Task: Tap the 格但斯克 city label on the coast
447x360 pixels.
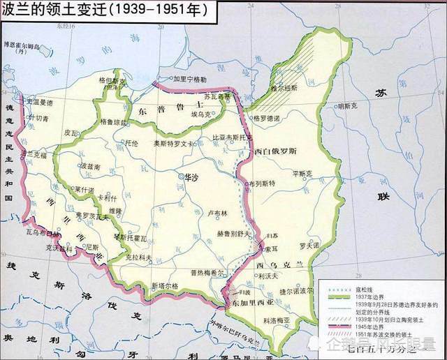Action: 112,81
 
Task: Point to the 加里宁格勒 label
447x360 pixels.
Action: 189,80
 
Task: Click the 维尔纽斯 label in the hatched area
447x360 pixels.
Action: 285,88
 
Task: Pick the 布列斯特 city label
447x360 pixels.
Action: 259,183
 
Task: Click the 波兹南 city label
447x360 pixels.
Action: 92,167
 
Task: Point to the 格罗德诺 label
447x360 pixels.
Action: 270,118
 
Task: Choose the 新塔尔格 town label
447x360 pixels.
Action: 165,285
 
